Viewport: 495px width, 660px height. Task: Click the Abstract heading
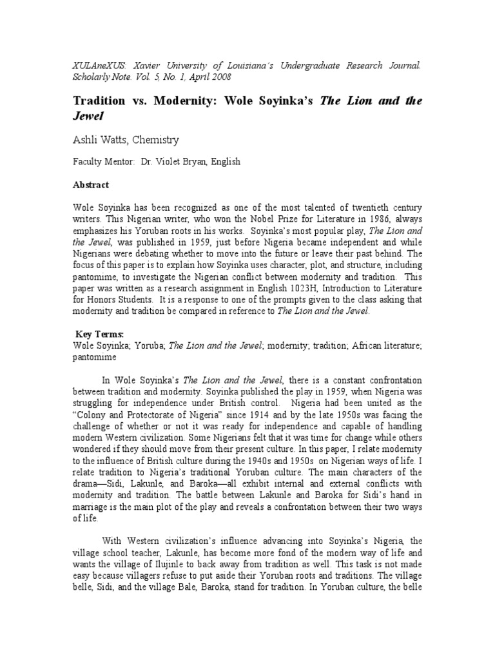pos(91,184)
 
